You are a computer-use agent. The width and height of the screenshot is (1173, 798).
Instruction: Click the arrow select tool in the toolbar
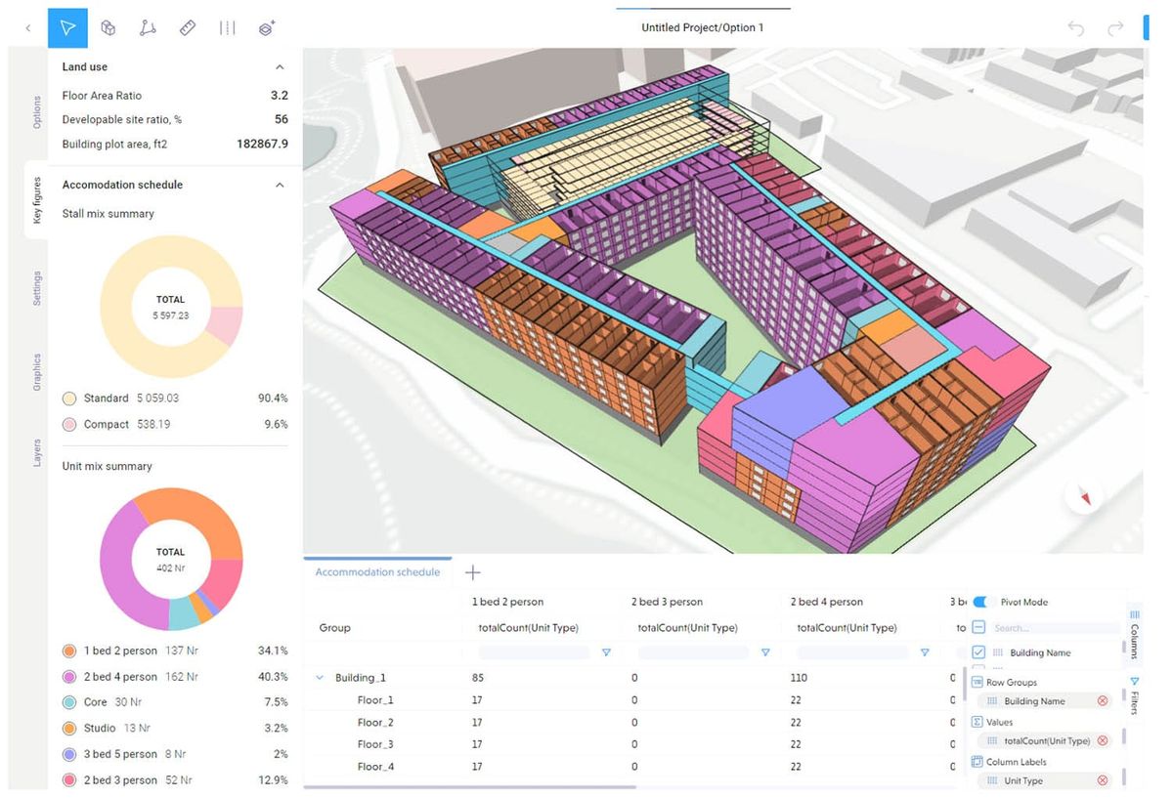67,28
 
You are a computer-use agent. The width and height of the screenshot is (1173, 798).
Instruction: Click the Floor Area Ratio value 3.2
279,96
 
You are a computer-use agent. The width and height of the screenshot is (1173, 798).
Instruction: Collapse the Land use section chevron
280,67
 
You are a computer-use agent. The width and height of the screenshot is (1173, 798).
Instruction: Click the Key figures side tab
37,200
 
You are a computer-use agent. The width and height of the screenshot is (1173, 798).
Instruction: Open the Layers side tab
37,452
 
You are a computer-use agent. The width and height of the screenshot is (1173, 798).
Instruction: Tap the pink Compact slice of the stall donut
225,325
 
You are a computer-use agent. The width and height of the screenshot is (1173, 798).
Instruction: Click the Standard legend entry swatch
69,399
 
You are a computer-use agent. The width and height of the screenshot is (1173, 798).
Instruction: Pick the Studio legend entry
99,728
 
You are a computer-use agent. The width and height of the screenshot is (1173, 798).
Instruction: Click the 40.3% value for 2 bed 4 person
272,677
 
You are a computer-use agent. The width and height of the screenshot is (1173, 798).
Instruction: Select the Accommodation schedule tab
377,572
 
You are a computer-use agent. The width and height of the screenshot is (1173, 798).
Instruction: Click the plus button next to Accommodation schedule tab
472,572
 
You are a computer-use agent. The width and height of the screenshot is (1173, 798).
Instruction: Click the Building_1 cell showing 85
478,678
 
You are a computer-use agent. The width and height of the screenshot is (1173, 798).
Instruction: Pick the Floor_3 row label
375,744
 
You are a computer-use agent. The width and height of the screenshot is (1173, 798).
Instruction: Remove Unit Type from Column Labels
1103,780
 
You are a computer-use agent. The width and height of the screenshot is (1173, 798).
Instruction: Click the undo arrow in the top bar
1076,28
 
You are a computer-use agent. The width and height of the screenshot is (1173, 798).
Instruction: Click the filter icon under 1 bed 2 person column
606,652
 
